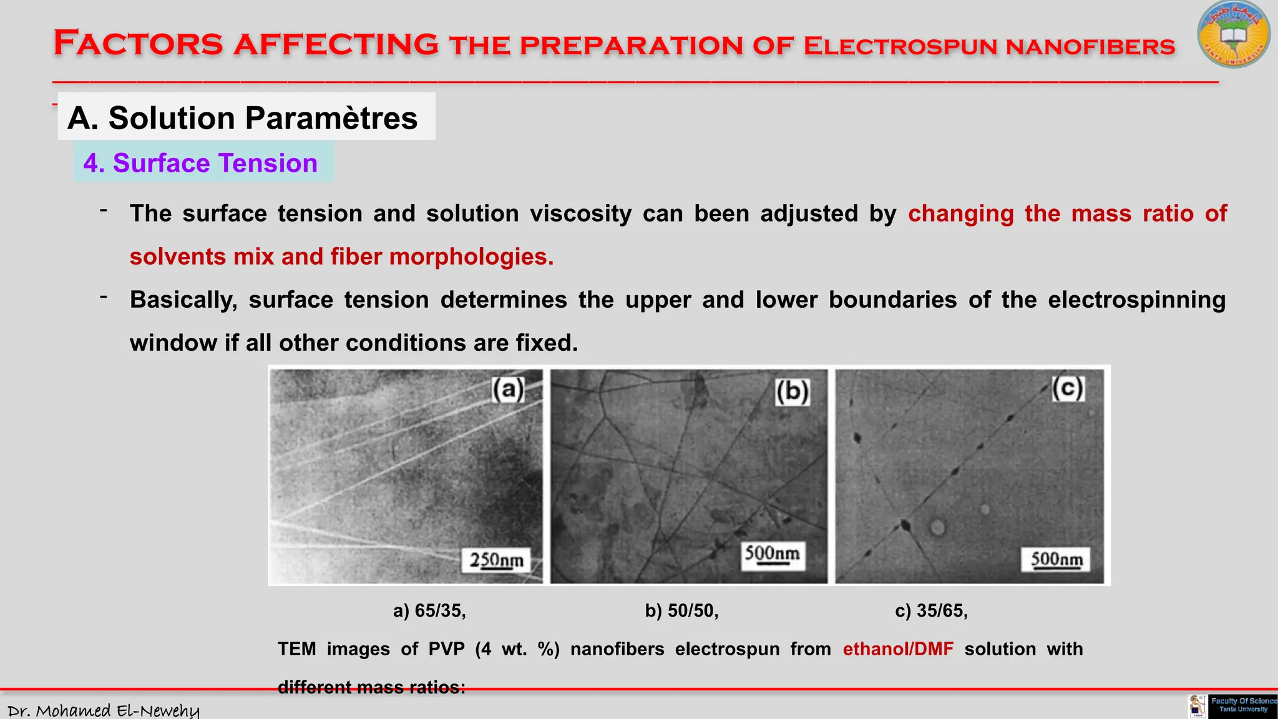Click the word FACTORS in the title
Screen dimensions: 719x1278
click(x=138, y=44)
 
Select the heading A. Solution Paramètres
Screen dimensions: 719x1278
click(x=243, y=118)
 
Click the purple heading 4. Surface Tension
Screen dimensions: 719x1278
click(x=200, y=163)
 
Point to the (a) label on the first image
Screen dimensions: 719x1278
click(x=508, y=389)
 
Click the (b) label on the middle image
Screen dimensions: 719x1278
click(x=793, y=392)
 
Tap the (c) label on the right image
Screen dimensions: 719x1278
click(x=1068, y=388)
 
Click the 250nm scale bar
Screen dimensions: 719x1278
click(x=497, y=560)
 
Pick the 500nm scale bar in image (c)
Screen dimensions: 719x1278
click(x=1056, y=559)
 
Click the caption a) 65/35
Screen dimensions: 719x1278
click(x=429, y=610)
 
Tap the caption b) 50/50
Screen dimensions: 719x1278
click(x=681, y=610)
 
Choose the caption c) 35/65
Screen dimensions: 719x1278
click(x=931, y=610)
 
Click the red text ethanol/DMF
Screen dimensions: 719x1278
click(x=898, y=649)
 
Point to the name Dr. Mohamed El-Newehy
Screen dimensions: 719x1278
click(x=104, y=710)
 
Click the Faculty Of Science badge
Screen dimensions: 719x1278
click(x=1242, y=705)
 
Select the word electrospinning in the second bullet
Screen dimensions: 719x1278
click(x=1136, y=300)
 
